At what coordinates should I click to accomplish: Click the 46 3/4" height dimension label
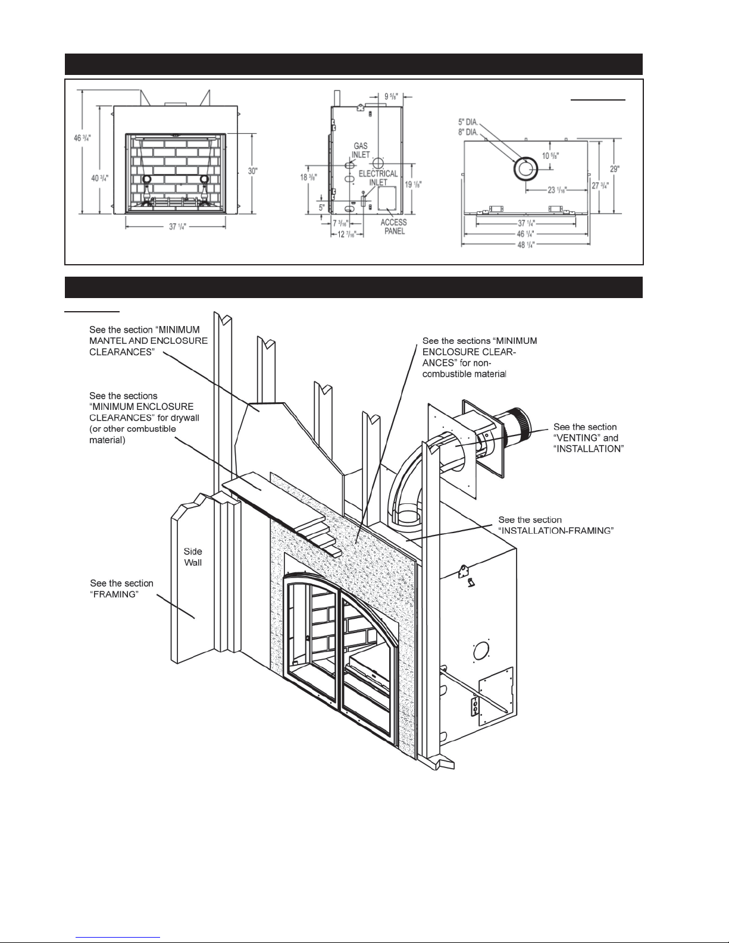pyautogui.click(x=83, y=138)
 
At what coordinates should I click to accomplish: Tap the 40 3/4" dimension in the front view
pyautogui.click(x=100, y=178)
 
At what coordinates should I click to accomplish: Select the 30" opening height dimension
pyautogui.click(x=252, y=171)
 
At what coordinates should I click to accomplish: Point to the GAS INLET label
pyautogui.click(x=361, y=150)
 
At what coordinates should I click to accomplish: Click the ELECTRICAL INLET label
pyautogui.click(x=378, y=177)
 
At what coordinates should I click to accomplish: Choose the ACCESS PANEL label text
pyautogui.click(x=393, y=227)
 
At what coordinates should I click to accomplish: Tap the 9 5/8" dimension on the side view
pyautogui.click(x=391, y=96)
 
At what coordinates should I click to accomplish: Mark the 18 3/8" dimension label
pyautogui.click(x=308, y=177)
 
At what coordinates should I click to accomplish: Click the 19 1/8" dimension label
pyautogui.click(x=413, y=184)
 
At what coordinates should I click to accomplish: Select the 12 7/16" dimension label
pyautogui.click(x=347, y=234)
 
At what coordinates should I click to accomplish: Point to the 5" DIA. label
pyautogui.click(x=468, y=123)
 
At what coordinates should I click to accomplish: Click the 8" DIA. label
pyautogui.click(x=468, y=132)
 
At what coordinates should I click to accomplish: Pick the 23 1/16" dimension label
pyautogui.click(x=557, y=190)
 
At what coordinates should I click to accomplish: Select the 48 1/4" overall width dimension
pyautogui.click(x=526, y=245)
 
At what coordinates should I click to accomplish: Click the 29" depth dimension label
pyautogui.click(x=614, y=169)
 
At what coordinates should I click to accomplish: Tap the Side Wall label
pyautogui.click(x=193, y=557)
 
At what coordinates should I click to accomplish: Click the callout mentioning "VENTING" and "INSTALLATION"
pyautogui.click(x=589, y=438)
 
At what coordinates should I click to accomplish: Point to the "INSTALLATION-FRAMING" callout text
pyautogui.click(x=556, y=525)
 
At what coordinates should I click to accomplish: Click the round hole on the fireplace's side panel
pyautogui.click(x=480, y=651)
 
